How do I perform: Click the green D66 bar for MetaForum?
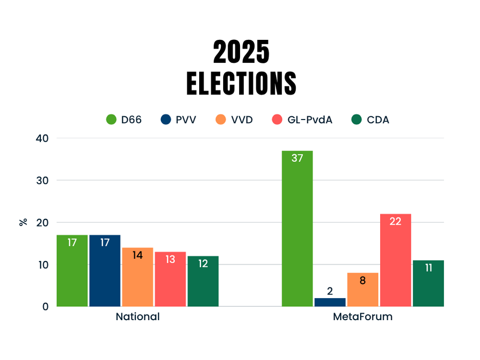pyautogui.click(x=297, y=228)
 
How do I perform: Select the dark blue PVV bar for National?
pyautogui.click(x=105, y=271)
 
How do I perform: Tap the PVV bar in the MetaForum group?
pyautogui.click(x=330, y=302)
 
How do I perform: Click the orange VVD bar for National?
pyautogui.click(x=137, y=277)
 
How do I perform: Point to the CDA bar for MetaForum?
pyautogui.click(x=428, y=283)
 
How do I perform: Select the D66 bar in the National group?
pyautogui.click(x=72, y=271)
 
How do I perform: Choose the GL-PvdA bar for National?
pyautogui.click(x=170, y=279)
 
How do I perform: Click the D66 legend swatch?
pyautogui.click(x=111, y=120)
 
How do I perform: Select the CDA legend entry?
pyautogui.click(x=378, y=120)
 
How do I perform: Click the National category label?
pyautogui.click(x=137, y=317)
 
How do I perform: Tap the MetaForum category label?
pyautogui.click(x=363, y=317)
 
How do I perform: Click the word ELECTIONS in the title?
pyautogui.click(x=241, y=84)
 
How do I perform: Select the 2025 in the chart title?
pyautogui.click(x=241, y=52)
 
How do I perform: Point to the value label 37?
pyautogui.click(x=297, y=158)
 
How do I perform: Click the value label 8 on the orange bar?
pyautogui.click(x=362, y=280)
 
